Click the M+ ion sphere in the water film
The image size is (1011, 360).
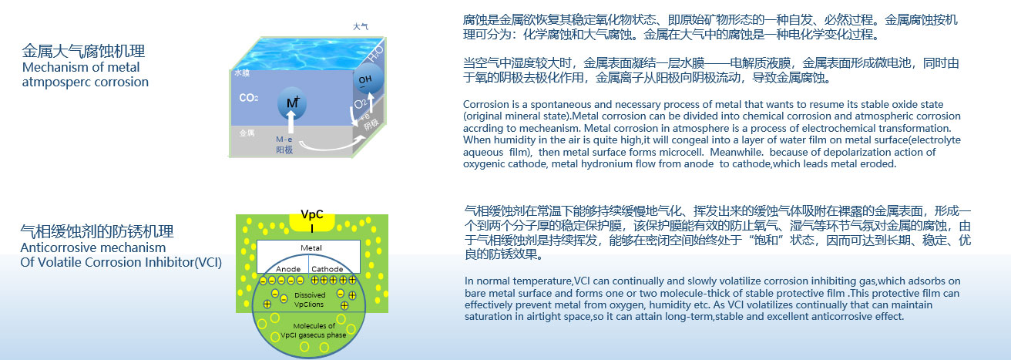click(291, 103)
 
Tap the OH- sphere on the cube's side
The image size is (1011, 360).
click(368, 79)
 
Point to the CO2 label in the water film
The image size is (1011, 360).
click(249, 98)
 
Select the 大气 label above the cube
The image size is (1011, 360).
click(360, 26)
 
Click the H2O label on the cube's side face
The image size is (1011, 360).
click(375, 54)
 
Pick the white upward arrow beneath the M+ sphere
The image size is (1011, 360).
click(291, 122)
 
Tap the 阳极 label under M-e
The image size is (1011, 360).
click(284, 150)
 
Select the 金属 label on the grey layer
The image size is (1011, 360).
click(247, 133)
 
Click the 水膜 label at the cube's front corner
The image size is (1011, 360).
click(242, 73)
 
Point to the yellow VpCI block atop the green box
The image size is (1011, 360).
click(312, 221)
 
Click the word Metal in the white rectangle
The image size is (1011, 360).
click(311, 247)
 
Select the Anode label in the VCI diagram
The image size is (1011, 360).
click(288, 269)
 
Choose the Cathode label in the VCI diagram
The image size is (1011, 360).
click(327, 269)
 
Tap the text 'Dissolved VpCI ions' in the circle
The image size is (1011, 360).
click(309, 299)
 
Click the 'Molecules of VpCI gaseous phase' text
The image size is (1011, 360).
click(313, 330)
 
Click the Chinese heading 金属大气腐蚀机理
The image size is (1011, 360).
click(83, 51)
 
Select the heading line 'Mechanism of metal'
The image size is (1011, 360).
click(81, 67)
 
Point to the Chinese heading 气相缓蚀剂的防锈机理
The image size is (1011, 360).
click(97, 231)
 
